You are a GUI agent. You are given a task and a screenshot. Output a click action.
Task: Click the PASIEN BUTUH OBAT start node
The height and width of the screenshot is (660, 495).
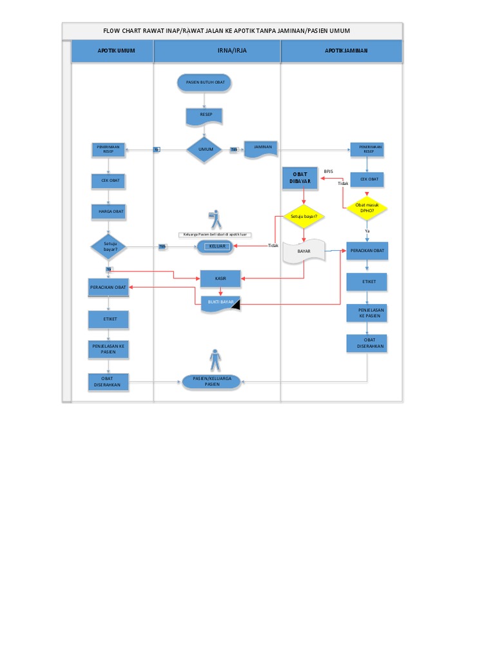point(204,82)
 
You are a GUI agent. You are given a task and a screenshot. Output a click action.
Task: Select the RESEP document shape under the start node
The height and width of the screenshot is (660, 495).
point(204,116)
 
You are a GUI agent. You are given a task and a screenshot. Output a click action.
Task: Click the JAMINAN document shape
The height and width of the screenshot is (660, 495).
point(262,148)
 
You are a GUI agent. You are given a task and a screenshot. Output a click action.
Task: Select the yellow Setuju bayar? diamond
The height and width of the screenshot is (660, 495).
point(304,217)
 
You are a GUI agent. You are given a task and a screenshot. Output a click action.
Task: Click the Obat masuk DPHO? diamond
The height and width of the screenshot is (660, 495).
point(367,208)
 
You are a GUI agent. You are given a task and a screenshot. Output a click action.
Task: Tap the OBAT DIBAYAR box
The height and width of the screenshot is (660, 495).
point(300,178)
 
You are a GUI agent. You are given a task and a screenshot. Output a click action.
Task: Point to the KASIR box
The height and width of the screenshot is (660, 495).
point(220,278)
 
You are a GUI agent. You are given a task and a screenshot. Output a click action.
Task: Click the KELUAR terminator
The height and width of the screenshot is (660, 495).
point(218,246)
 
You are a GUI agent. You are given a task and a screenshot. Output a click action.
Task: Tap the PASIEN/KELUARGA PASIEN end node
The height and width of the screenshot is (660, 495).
point(212,381)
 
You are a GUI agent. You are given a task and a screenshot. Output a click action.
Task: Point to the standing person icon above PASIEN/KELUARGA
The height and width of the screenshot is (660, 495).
point(215,360)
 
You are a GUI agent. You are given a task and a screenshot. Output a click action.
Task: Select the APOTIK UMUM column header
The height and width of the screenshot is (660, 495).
point(112,51)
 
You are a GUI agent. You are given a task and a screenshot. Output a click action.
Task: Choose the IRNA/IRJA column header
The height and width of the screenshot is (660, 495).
point(217,51)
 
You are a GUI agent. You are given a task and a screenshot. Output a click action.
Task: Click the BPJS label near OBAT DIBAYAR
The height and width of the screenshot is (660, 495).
point(329,171)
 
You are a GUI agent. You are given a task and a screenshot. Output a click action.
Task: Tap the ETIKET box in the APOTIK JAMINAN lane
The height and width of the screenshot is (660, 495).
point(367,282)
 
